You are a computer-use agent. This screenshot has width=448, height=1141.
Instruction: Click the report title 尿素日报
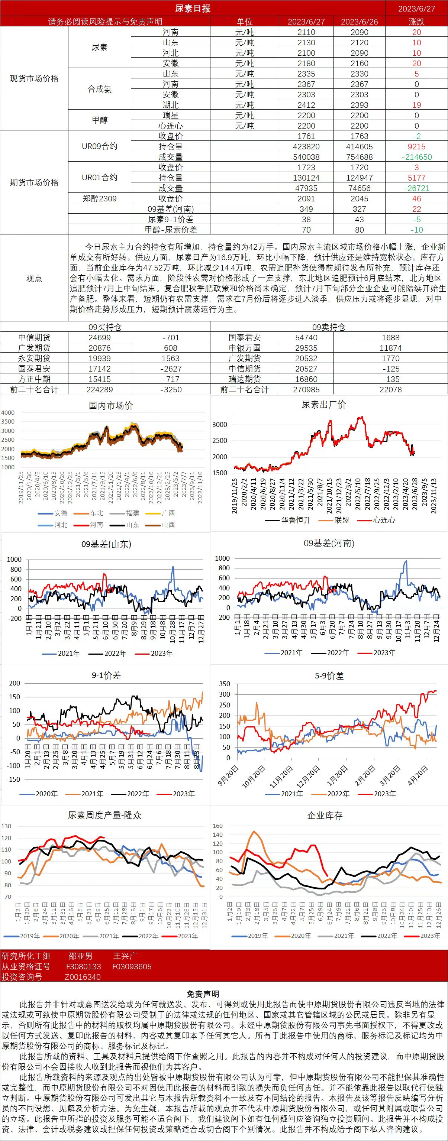[192, 9]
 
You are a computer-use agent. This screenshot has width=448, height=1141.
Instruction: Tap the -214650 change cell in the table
[416, 157]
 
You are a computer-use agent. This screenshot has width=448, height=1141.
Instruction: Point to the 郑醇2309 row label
[100, 198]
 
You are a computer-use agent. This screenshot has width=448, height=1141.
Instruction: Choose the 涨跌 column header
[416, 22]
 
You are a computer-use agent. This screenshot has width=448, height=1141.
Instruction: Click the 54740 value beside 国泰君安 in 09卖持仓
[306, 337]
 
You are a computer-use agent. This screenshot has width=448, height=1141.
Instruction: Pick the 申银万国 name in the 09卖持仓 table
[245, 348]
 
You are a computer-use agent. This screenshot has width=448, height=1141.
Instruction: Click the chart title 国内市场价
[110, 406]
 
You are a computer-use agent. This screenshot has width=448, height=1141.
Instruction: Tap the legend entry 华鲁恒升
[296, 520]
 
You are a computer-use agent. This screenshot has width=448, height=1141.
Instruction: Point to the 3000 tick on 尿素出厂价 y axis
[220, 424]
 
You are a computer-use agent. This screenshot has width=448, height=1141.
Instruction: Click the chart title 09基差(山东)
[106, 544]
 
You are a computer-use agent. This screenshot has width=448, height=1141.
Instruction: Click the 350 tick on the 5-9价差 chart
[225, 684]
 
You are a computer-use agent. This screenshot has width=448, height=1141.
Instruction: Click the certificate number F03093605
[132, 966]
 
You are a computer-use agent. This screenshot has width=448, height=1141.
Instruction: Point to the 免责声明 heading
[203, 994]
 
